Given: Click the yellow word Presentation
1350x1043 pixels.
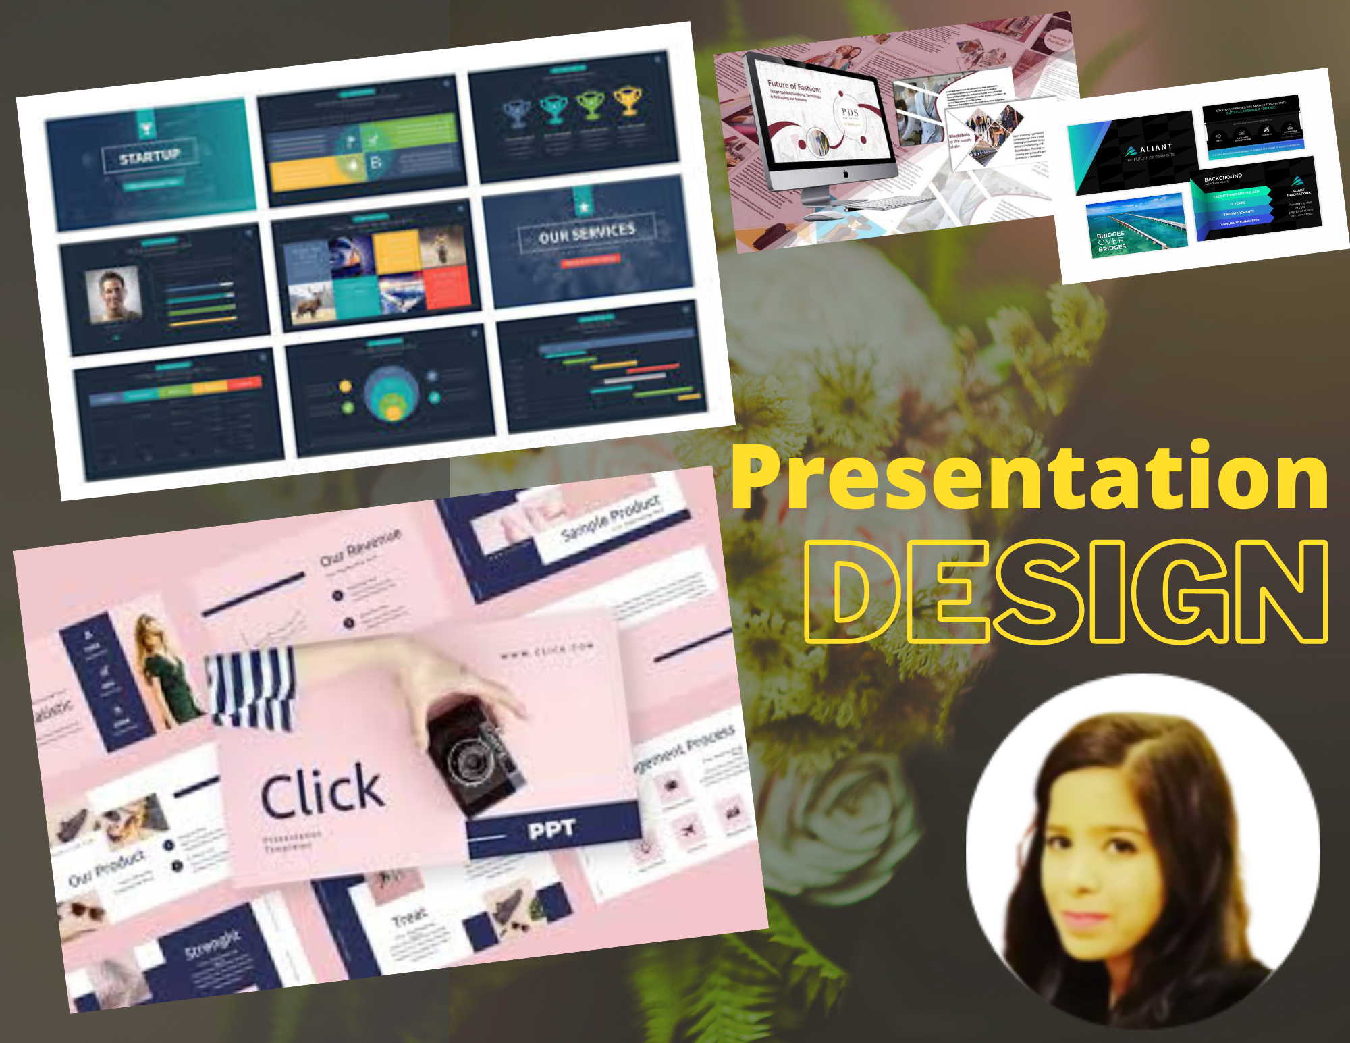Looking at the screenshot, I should click(1029, 478).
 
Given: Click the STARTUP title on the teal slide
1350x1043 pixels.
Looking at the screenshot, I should click(150, 157).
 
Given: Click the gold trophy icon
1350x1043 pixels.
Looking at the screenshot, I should click(628, 100).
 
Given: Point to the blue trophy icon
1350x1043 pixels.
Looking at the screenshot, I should click(516, 112).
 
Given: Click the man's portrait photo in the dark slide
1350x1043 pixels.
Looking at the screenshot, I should click(113, 296).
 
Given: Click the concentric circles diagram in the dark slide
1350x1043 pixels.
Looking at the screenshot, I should click(391, 394).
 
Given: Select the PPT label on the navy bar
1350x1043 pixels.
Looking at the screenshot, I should click(551, 829).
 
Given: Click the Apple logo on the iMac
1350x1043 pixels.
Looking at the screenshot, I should click(845, 174).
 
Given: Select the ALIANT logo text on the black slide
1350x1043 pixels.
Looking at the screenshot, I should click(1156, 149).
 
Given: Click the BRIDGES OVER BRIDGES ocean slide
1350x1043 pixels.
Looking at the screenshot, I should click(1135, 226).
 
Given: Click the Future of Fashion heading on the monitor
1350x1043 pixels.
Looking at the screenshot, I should click(794, 87).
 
